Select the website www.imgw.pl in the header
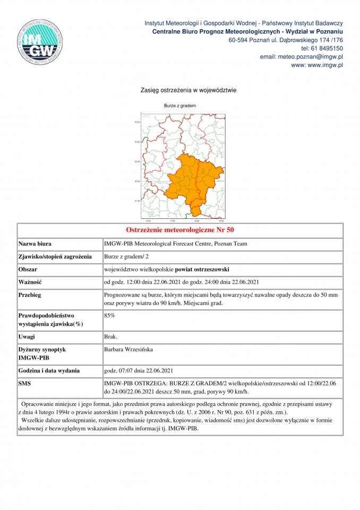pyautogui.click(x=325, y=65)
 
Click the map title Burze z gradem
pyautogui.click(x=180, y=106)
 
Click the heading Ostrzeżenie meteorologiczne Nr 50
pyautogui.click(x=180, y=230)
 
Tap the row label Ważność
pyautogui.click(x=30, y=282)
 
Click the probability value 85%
pyautogui.click(x=109, y=316)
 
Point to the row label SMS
pyautogui.click(x=25, y=383)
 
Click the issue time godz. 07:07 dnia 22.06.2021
pyautogui.click(x=139, y=370)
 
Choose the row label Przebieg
pyautogui.click(x=30, y=295)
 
